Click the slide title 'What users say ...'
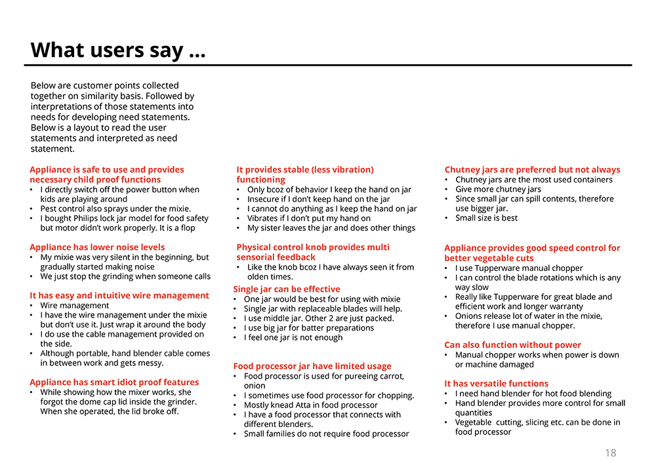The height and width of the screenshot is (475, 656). (x=118, y=50)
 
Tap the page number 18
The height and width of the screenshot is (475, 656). (x=610, y=453)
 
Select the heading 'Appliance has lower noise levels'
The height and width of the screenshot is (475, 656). (x=97, y=247)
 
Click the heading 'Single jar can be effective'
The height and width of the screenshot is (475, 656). (x=287, y=289)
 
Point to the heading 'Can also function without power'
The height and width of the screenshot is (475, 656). (x=512, y=345)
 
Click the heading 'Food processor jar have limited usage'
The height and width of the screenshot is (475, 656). (x=312, y=366)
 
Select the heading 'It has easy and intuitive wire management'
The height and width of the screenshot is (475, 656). (x=119, y=295)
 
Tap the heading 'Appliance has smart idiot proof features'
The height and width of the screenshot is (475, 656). (x=114, y=382)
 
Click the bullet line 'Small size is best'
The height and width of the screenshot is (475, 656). (x=486, y=218)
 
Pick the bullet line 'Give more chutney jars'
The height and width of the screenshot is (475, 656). (x=498, y=190)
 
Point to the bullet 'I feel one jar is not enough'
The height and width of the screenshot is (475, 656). (x=293, y=338)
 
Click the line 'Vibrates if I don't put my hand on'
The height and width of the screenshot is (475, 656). (x=309, y=218)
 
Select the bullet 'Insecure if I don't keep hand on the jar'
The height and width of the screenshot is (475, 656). (x=318, y=199)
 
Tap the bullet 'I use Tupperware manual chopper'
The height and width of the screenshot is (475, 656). (x=519, y=268)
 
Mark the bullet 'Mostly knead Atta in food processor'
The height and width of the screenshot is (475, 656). (x=310, y=405)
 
